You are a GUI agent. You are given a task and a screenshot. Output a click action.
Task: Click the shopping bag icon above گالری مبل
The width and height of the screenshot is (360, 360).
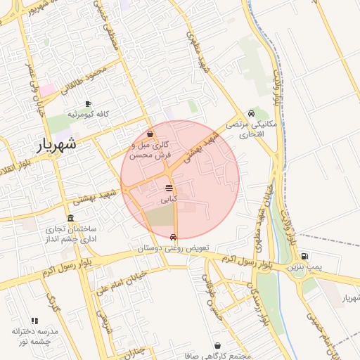tap(150, 134)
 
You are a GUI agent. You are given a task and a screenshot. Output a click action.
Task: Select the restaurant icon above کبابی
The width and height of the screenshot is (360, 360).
tap(169, 188)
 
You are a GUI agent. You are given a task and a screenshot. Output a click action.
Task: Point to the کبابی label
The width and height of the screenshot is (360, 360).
tap(169, 200)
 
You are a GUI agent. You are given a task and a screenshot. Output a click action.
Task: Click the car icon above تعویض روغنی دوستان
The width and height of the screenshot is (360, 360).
tap(173, 237)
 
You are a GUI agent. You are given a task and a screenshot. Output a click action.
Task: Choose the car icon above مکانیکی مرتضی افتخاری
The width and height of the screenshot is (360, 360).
tap(251, 113)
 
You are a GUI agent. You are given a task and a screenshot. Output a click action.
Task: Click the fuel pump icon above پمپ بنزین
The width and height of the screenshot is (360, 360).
tap(304, 256)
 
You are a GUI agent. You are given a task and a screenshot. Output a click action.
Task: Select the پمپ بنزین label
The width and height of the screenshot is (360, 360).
tap(304, 268)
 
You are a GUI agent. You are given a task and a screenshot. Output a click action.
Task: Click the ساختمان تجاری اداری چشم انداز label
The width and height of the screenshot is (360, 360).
tap(70, 235)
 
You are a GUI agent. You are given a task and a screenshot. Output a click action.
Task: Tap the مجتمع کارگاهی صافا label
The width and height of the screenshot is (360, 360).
tap(221, 356)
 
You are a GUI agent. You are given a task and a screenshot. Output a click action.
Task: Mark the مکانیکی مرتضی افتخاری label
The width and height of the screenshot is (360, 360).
tap(252, 129)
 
